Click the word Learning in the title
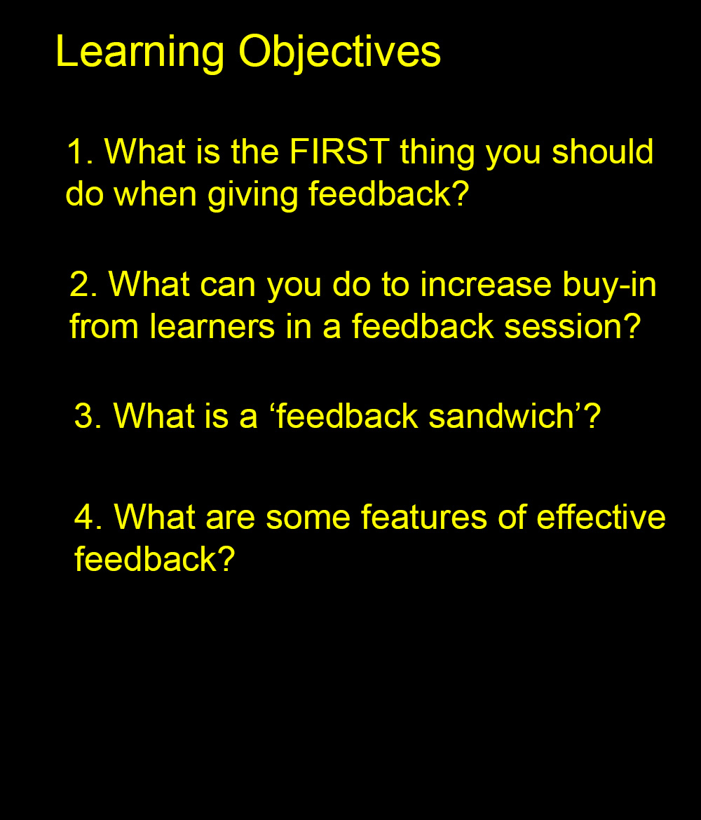(x=140, y=53)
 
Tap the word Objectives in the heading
(x=339, y=53)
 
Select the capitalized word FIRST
(x=339, y=151)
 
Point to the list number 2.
(x=83, y=284)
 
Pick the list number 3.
(x=88, y=416)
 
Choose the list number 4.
(x=88, y=517)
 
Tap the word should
(x=603, y=151)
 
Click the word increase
(x=486, y=284)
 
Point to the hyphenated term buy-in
(x=609, y=287)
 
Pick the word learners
(x=212, y=325)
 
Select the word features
(x=424, y=517)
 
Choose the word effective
(x=601, y=517)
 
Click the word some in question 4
(x=308, y=518)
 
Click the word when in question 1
(x=155, y=193)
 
